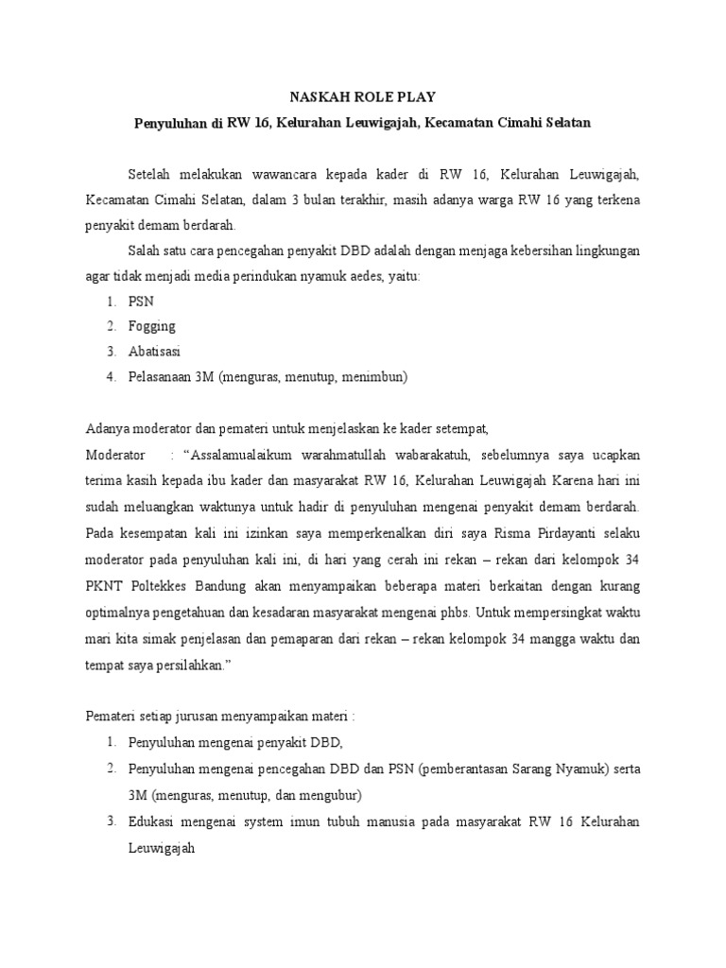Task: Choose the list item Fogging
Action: click(152, 325)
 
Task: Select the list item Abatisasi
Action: click(155, 351)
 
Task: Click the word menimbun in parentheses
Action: click(374, 376)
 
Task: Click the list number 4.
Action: click(111, 376)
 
